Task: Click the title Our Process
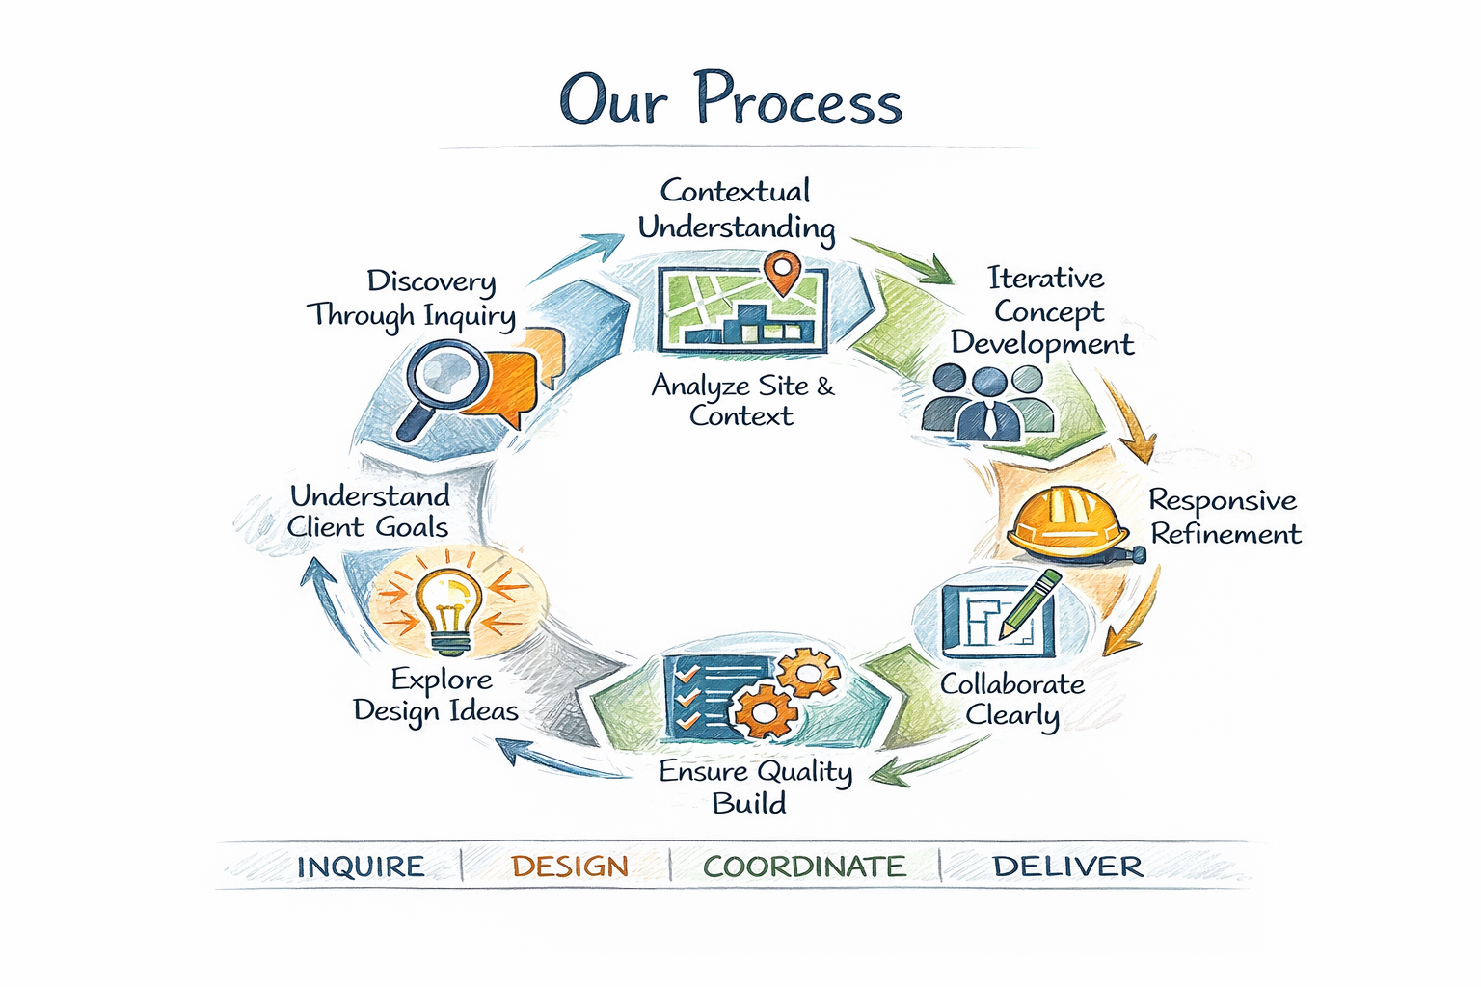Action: [x=731, y=100]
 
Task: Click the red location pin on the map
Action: [x=781, y=271]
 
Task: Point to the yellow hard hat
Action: [x=1066, y=521]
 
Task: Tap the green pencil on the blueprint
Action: [x=1030, y=603]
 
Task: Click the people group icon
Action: [x=988, y=403]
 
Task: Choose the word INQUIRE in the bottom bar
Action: [x=361, y=867]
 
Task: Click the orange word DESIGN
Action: [x=570, y=867]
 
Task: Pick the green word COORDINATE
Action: [x=804, y=867]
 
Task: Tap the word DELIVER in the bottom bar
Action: [x=1067, y=867]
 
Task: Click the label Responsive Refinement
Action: [x=1225, y=517]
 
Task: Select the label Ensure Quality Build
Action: [x=754, y=787]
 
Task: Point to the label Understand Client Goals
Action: [x=369, y=511]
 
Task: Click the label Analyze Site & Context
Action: [x=742, y=400]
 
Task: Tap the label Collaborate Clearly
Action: [x=1012, y=699]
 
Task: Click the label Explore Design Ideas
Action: [x=437, y=695]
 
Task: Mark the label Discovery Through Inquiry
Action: [x=412, y=299]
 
